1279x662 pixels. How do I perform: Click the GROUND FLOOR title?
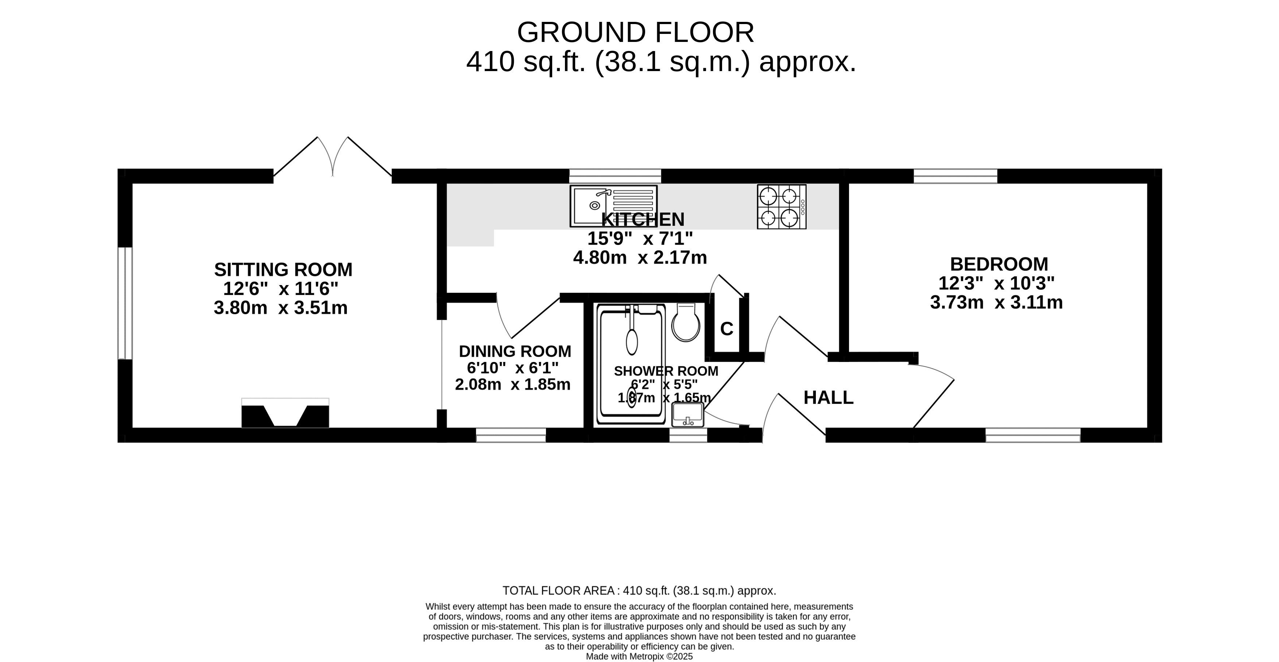(x=636, y=33)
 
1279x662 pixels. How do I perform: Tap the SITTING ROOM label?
(x=283, y=269)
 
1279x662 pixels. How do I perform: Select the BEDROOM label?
(x=999, y=264)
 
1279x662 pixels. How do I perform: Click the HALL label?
(x=828, y=397)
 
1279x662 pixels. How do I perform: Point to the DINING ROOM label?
(x=515, y=351)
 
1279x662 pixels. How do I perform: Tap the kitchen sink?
(x=613, y=206)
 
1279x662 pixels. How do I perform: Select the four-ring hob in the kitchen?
(x=782, y=206)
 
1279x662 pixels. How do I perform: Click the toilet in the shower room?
(x=686, y=323)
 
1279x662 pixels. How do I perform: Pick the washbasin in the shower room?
(x=688, y=415)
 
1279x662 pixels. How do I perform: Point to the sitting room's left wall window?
(x=125, y=303)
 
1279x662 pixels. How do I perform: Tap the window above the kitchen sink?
(x=615, y=176)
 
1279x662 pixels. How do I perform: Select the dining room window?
(x=511, y=435)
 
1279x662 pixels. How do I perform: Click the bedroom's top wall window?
(x=955, y=176)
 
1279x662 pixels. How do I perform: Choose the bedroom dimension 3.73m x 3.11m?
(x=996, y=302)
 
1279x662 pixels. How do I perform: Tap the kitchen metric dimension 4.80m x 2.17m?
(x=640, y=258)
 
